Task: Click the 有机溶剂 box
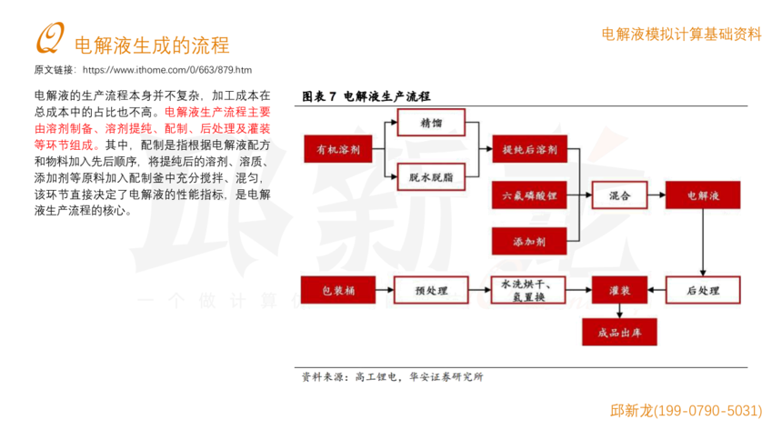coord(337,149)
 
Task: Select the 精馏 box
coord(430,123)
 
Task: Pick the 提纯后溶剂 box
coord(528,149)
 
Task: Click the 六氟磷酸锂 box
coord(528,195)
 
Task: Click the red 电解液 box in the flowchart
coord(701,195)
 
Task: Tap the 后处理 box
coord(701,290)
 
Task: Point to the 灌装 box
coord(618,290)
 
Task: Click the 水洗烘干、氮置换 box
coord(528,290)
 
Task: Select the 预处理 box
coord(430,290)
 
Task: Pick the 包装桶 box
coord(337,290)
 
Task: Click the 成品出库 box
coord(618,332)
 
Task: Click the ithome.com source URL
coord(166,70)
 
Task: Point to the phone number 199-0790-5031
coord(707,411)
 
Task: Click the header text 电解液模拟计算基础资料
coord(681,35)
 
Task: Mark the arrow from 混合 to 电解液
coord(655,195)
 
